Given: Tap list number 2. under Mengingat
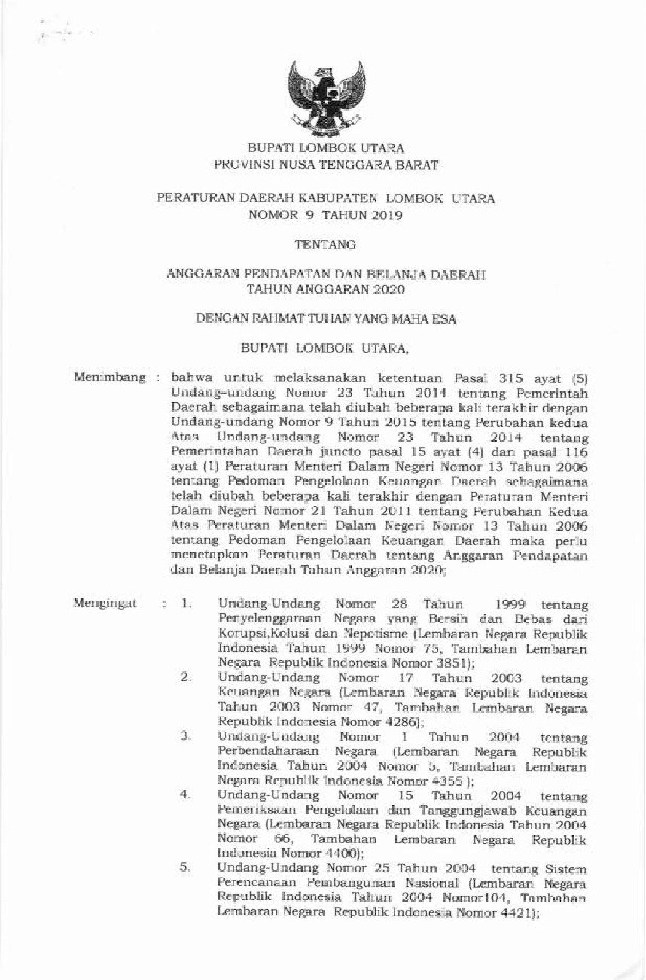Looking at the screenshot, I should pyautogui.click(x=186, y=677).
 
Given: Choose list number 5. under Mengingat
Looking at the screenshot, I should pyautogui.click(x=186, y=868).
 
